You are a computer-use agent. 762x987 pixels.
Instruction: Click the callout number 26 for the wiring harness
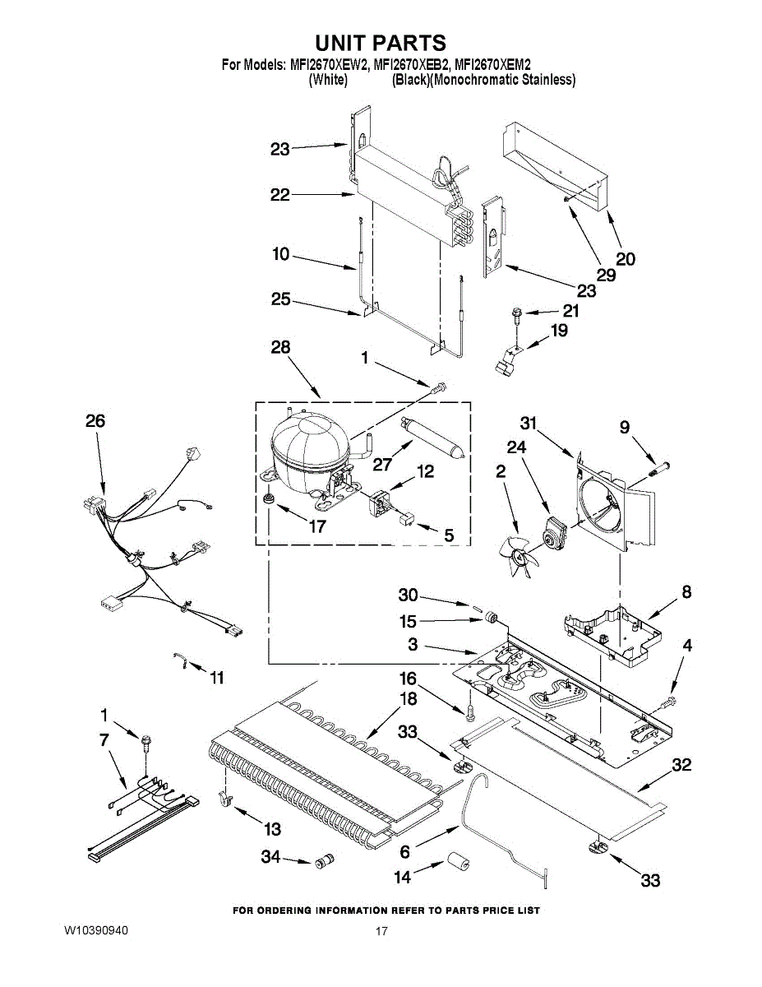point(95,421)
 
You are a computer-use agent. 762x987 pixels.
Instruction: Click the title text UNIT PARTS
point(381,44)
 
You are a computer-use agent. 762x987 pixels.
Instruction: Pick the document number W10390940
point(96,930)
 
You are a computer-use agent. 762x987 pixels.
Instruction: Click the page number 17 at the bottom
point(381,931)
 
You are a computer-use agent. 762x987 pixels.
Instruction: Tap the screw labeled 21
point(516,313)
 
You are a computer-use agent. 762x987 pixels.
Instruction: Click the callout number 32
point(681,766)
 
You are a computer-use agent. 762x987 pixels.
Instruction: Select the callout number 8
point(686,592)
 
